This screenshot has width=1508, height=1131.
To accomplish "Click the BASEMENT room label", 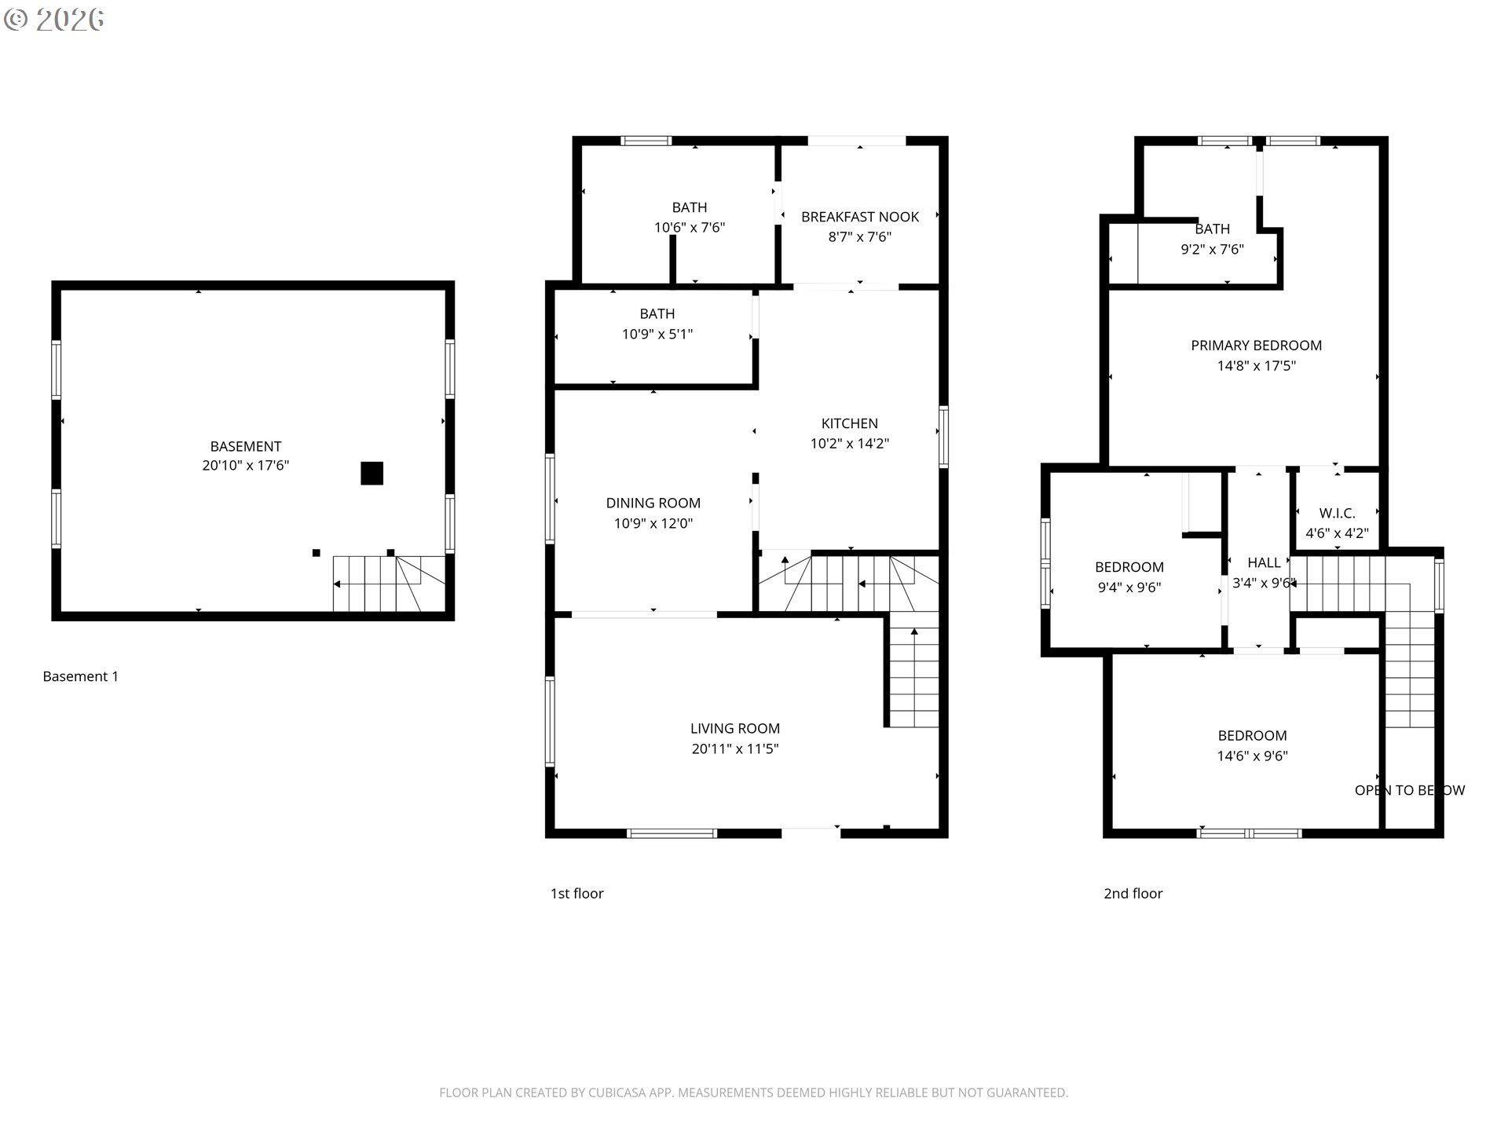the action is (x=246, y=446).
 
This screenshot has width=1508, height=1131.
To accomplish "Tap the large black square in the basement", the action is (x=372, y=473).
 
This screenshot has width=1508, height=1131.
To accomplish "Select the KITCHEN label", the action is (x=850, y=423).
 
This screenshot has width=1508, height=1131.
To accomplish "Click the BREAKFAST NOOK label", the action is (x=860, y=217).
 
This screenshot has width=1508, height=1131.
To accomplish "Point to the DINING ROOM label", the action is (x=653, y=503).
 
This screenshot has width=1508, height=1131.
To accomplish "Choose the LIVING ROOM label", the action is (x=735, y=729).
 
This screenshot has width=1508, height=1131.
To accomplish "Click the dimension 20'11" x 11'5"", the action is (x=735, y=749).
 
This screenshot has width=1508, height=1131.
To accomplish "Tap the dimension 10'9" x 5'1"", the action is (x=657, y=335).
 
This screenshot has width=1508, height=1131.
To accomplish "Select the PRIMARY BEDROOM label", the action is (x=1257, y=346).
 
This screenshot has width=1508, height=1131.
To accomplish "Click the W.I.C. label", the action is (x=1338, y=514).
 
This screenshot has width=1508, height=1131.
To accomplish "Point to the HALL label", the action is (x=1265, y=563).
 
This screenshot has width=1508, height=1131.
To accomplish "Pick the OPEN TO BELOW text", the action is (x=1410, y=791).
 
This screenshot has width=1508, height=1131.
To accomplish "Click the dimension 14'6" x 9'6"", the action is (x=1253, y=756).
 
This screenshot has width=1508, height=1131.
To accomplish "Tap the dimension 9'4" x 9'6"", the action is (x=1129, y=587).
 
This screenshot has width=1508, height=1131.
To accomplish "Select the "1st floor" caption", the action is (x=577, y=894).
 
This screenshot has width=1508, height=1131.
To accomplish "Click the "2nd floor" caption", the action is (x=1133, y=894).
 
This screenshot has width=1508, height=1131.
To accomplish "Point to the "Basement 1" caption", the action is (x=81, y=676).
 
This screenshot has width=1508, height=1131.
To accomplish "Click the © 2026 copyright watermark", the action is (x=54, y=20).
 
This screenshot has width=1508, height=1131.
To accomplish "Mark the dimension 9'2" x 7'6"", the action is (x=1213, y=250).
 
